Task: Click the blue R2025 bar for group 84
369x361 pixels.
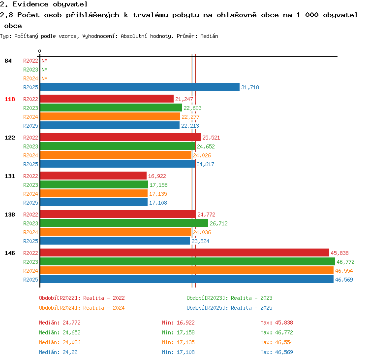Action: [x=140, y=87]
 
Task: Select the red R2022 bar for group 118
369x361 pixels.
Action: [x=107, y=99]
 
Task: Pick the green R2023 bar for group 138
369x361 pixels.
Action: [x=124, y=223]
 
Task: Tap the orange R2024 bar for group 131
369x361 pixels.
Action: [x=94, y=194]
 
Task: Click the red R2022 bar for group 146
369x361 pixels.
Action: [x=184, y=253]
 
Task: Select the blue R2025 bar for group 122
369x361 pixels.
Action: [x=118, y=164]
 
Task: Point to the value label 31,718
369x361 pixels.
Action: [x=250, y=87]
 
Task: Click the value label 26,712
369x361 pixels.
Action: [x=218, y=223]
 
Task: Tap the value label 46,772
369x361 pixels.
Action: [x=345, y=262]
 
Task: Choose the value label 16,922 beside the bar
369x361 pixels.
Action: [x=157, y=176]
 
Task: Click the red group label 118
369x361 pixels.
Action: [x=10, y=99]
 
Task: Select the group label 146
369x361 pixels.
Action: [x=10, y=253]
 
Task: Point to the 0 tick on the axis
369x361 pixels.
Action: [x=39, y=51]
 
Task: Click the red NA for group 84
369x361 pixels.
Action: [x=44, y=61]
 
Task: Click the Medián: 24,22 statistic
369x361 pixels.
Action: [x=58, y=352]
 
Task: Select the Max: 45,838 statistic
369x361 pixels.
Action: [x=277, y=323]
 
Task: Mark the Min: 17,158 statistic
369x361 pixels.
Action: [x=178, y=332]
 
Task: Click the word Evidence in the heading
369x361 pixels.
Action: [x=31, y=4]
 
